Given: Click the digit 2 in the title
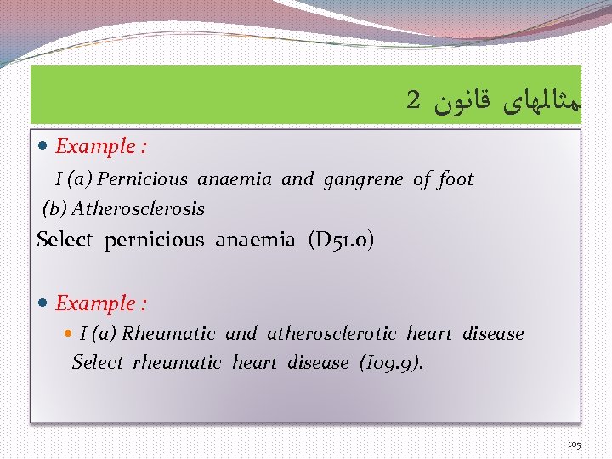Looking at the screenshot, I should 413,99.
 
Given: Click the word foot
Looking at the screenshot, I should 456,179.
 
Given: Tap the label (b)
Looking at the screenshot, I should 55,208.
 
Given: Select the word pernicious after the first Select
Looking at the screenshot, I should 154,240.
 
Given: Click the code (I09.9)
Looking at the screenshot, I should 391,363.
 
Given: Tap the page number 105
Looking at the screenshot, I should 574,445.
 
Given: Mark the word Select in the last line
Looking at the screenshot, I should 98,363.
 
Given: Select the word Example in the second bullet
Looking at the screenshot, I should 95,303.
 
